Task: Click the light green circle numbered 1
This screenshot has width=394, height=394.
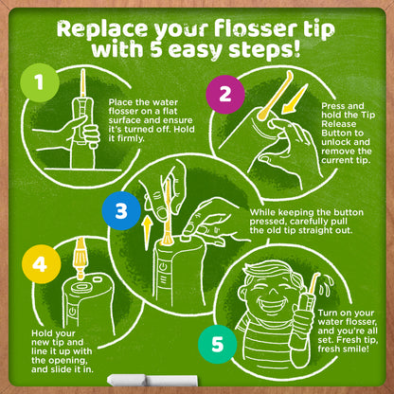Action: [40, 82]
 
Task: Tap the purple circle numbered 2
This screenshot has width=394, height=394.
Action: [225, 94]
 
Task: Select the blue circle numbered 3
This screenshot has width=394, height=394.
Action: [121, 211]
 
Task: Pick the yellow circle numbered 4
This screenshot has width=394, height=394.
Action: [41, 264]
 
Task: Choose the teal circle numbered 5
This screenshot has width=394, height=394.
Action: [218, 344]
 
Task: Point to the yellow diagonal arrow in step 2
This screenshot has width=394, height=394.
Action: [295, 98]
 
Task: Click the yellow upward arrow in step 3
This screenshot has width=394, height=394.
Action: [147, 233]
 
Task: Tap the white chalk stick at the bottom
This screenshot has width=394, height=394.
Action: [152, 381]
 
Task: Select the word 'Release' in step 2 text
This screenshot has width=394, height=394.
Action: [339, 124]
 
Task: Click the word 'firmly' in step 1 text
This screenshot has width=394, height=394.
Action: [126, 138]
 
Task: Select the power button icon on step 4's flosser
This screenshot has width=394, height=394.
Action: [72, 312]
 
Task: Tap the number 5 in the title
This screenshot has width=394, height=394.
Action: [156, 50]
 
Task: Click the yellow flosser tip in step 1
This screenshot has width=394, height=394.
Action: [83, 83]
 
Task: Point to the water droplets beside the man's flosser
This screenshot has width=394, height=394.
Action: [325, 286]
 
